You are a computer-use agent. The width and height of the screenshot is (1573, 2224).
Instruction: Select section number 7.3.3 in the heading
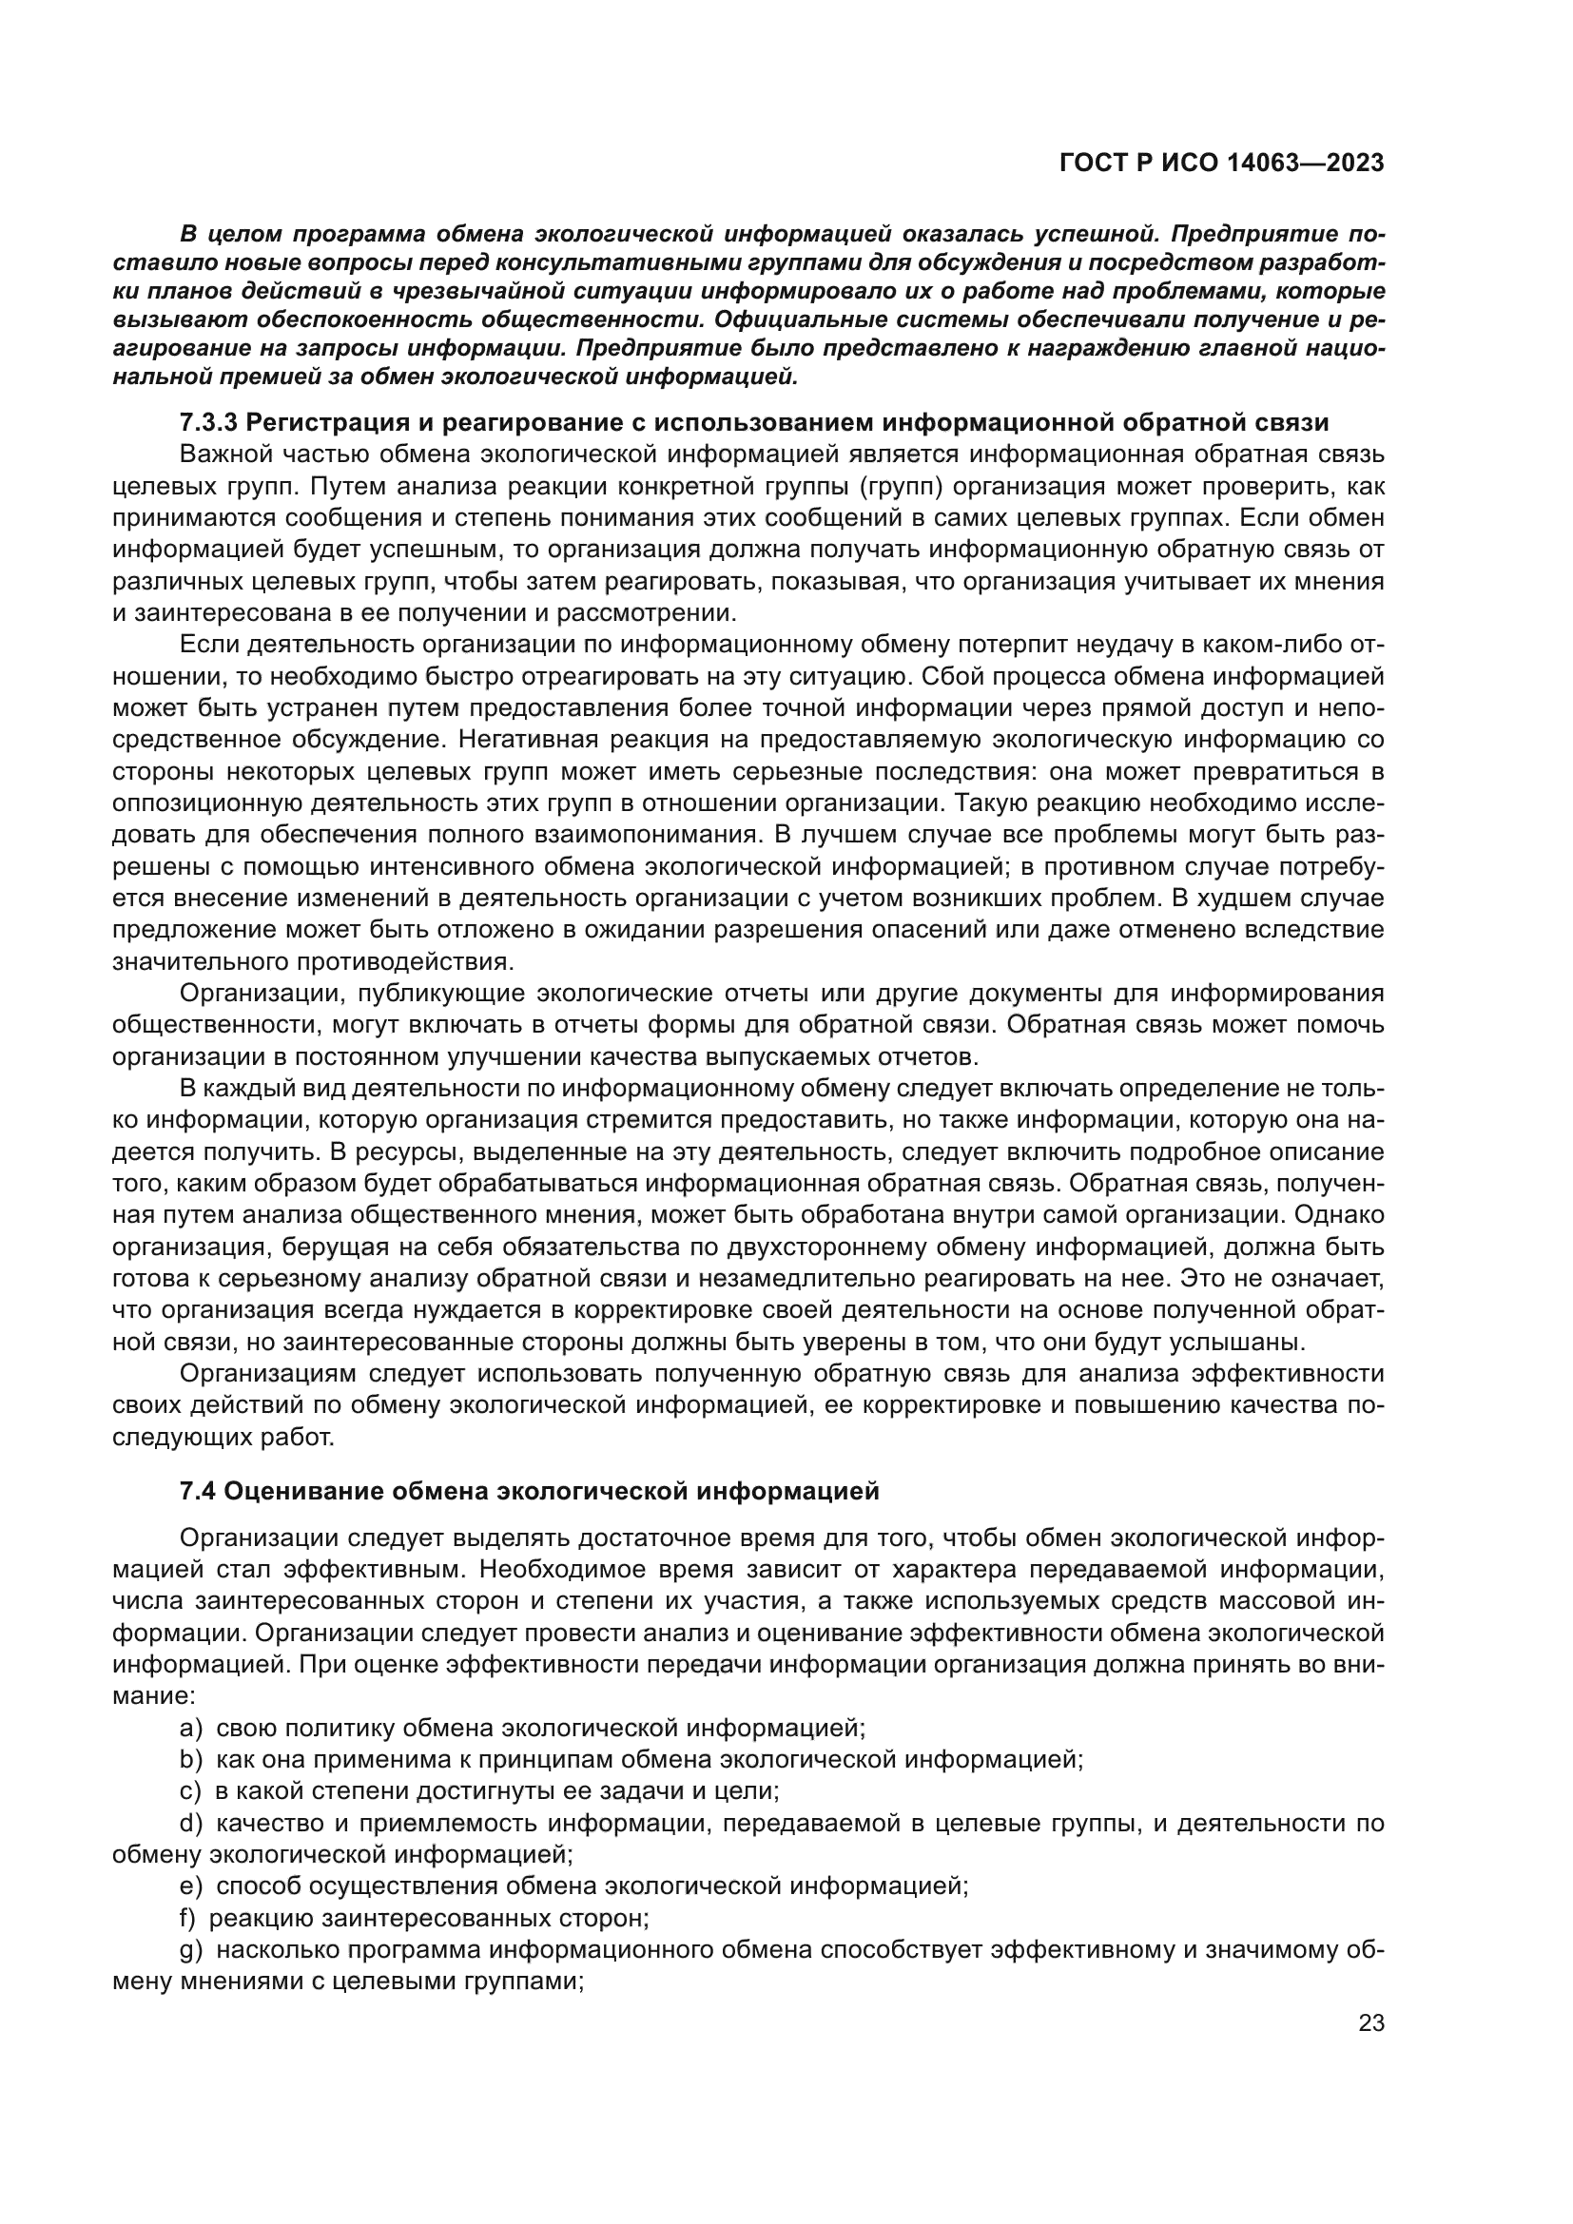(208, 422)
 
